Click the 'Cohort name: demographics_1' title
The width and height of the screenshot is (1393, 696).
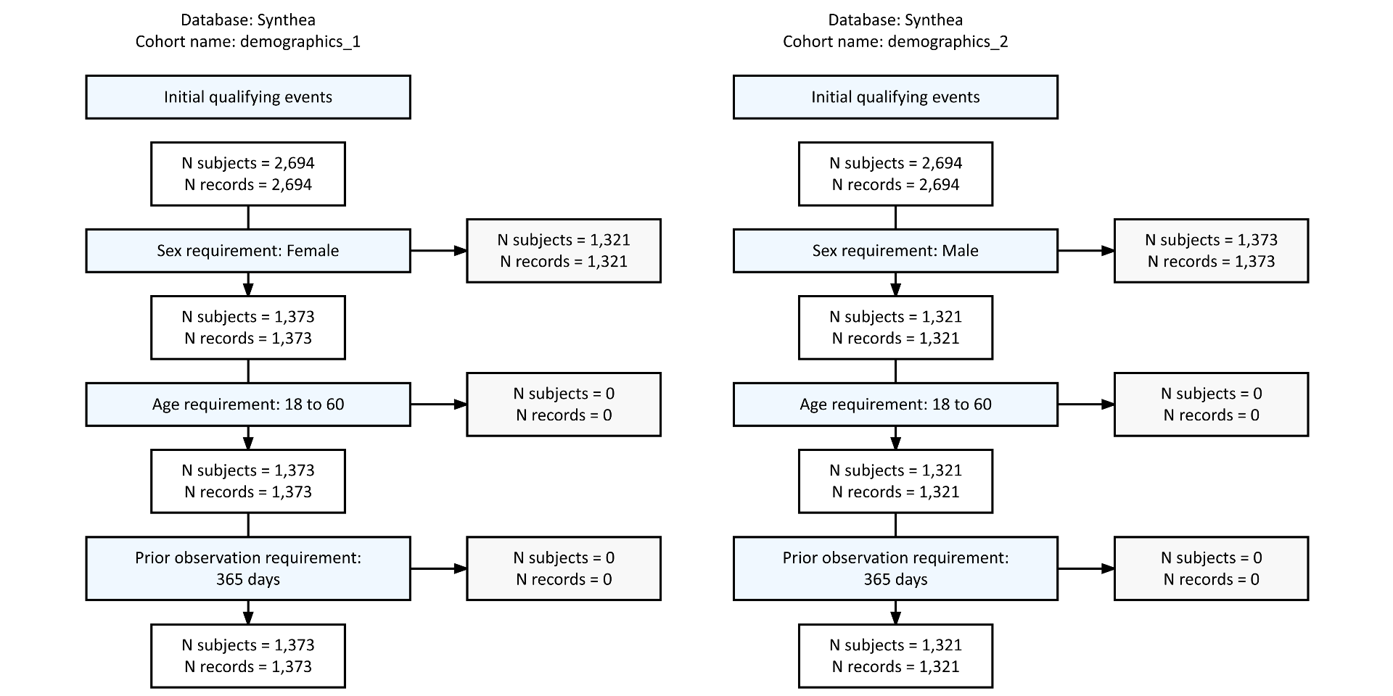247,41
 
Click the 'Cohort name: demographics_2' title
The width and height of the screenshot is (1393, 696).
895,41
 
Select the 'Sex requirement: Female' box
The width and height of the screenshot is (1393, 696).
247,251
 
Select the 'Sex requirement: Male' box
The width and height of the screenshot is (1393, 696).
895,251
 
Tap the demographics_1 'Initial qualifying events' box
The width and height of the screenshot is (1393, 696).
247,97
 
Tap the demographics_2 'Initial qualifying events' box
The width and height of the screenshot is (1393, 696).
895,97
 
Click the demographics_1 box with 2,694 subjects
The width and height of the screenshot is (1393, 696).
247,174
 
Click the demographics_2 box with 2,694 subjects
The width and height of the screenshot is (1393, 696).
895,174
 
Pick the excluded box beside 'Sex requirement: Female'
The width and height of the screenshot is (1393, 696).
564,251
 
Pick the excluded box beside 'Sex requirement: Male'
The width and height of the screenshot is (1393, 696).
1211,251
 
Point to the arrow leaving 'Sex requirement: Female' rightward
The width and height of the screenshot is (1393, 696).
438,251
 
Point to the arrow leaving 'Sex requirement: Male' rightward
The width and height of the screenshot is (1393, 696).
1086,251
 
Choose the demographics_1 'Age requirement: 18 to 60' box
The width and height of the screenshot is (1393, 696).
247,405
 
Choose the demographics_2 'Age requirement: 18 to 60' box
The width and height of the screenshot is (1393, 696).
895,405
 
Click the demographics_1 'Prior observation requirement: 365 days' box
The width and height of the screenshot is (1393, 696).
247,568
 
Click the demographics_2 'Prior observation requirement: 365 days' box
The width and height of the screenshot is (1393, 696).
895,568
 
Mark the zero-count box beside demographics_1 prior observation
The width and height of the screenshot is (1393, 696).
564,568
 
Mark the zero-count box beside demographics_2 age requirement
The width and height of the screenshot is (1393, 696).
1211,405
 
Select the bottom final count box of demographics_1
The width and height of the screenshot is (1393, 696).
247,655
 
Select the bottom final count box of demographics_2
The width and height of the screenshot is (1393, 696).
895,655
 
